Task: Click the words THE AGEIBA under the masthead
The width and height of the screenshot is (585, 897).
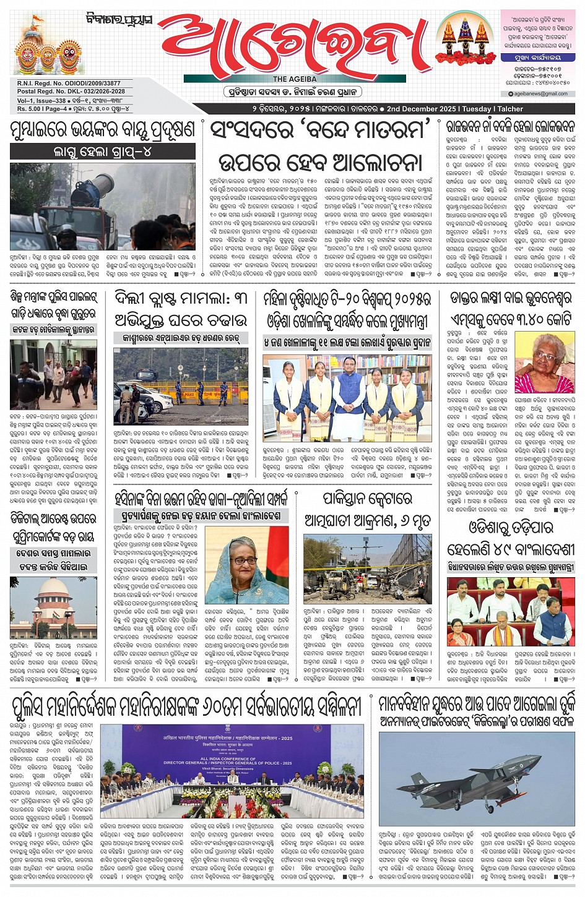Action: coord(295,79)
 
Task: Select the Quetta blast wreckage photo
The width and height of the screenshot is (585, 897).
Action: coord(367,569)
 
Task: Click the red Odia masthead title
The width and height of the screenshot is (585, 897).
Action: coord(294,45)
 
